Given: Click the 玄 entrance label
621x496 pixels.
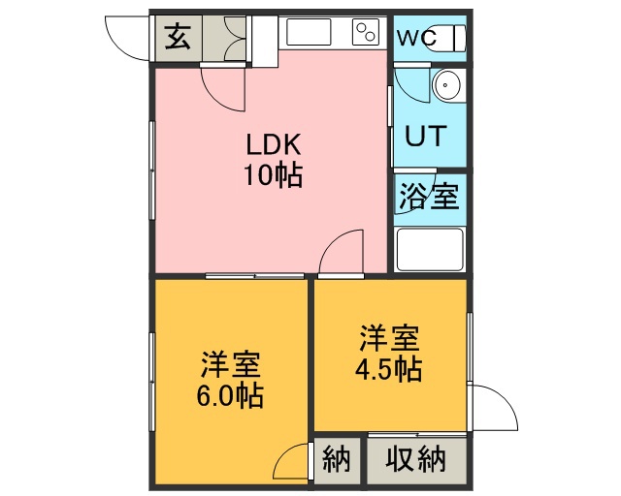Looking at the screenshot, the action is [x=178, y=37].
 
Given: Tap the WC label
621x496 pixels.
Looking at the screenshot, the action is [x=417, y=38].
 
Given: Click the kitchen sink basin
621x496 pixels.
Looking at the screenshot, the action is [x=309, y=32].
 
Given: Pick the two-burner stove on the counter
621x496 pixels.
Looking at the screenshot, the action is [x=366, y=32].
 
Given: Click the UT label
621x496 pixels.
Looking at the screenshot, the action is [x=426, y=136].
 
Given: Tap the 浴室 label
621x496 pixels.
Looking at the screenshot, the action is [x=429, y=197].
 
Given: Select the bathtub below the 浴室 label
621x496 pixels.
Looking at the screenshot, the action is [x=430, y=250].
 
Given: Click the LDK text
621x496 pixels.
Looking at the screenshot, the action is [x=274, y=144].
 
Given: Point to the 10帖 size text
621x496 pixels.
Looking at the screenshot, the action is [x=274, y=174].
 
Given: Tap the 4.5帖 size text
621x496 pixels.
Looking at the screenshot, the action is [x=388, y=368].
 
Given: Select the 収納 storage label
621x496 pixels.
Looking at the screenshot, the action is [x=416, y=459].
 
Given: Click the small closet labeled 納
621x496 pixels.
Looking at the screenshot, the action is [x=337, y=460].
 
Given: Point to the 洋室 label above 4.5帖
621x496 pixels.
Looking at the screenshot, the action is [x=389, y=337].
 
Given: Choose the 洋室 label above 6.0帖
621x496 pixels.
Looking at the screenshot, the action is [x=231, y=364].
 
